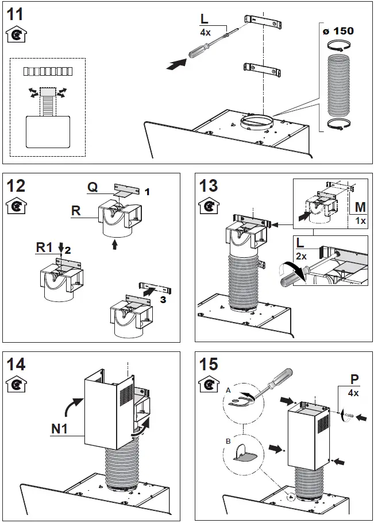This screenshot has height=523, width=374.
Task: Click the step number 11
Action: (x=15, y=14)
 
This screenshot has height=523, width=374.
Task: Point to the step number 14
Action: (x=16, y=364)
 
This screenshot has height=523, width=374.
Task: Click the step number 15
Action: (x=209, y=364)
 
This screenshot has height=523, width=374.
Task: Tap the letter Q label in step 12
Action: (x=92, y=187)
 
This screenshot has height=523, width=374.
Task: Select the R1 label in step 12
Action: (x=45, y=247)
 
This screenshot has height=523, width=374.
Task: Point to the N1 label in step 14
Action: (x=60, y=427)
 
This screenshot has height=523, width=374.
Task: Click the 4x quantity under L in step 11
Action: (x=205, y=33)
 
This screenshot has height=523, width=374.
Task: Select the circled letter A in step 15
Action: (x=228, y=389)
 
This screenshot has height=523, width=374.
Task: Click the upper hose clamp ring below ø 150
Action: (x=338, y=48)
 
